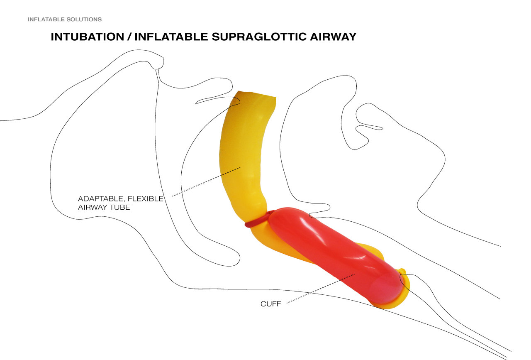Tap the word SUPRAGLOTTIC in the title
261,37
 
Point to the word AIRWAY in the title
332,37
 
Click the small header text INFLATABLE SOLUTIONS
65,20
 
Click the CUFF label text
270,304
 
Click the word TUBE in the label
121,207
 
